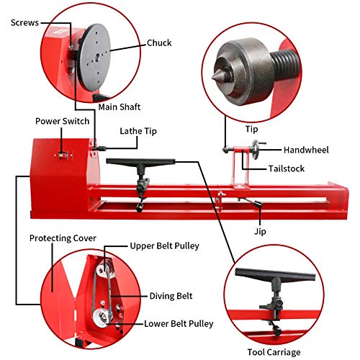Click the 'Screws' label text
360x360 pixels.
(x=25, y=22)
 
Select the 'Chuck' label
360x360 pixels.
(x=159, y=42)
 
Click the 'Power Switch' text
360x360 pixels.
(x=59, y=121)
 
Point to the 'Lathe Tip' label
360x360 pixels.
(x=138, y=131)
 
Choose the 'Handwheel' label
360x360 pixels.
(x=306, y=150)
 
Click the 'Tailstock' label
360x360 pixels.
(x=286, y=168)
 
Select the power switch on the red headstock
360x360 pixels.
(x=63, y=155)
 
